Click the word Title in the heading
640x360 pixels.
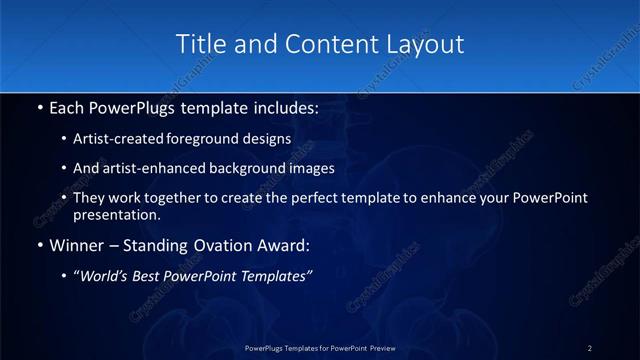pos(199,44)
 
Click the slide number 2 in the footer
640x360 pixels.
pos(590,347)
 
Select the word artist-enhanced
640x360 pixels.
pos(142,168)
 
